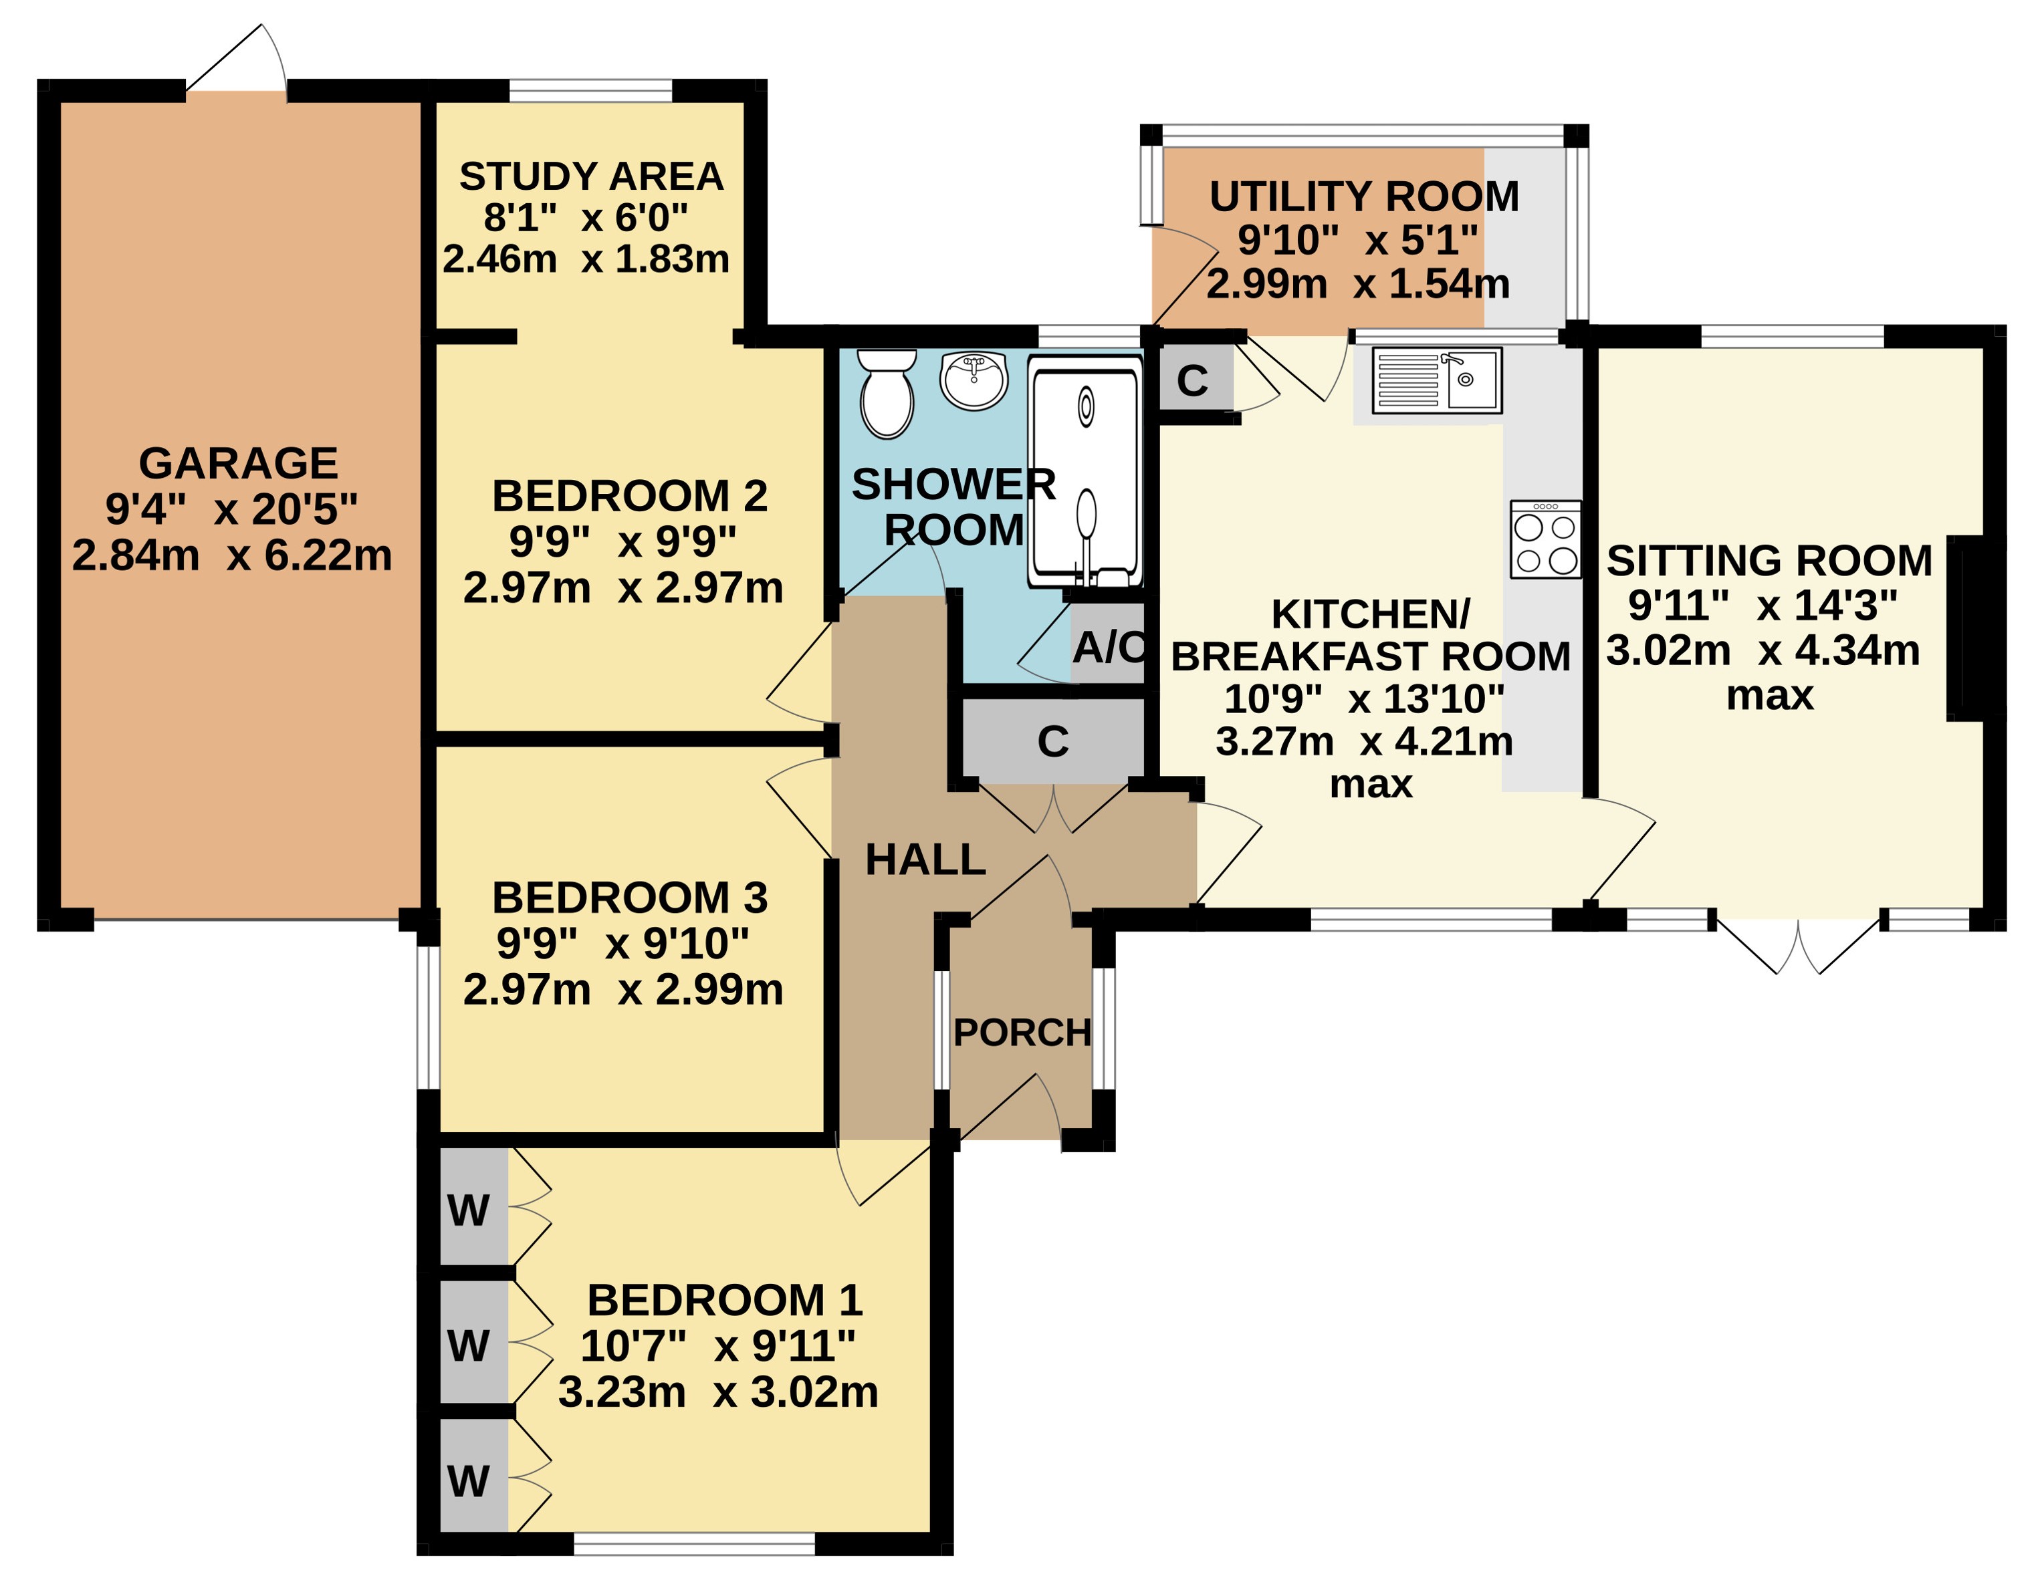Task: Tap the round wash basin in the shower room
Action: pos(974,381)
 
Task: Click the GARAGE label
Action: pos(238,463)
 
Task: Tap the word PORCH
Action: pos(1022,1033)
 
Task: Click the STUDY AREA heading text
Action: pos(592,176)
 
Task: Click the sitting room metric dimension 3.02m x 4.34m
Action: pos(1763,650)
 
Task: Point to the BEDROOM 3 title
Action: pos(630,898)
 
